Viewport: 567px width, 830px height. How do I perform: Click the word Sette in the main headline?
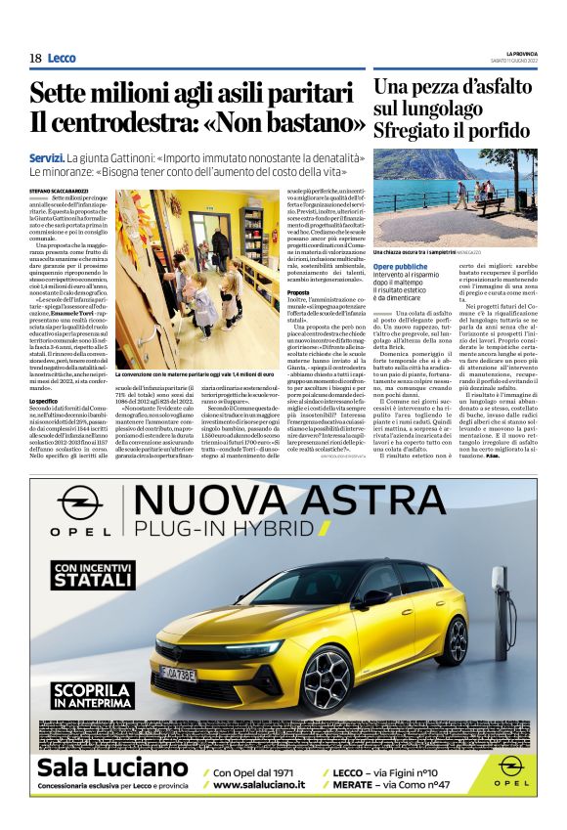[x=63, y=94]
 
